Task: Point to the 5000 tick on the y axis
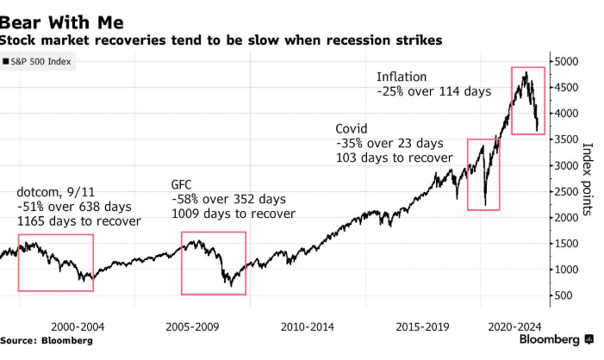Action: tap(565, 62)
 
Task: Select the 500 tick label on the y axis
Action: tap(562, 295)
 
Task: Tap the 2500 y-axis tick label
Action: tap(565, 191)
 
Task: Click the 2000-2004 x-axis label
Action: tap(78, 326)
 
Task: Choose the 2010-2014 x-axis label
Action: tap(308, 326)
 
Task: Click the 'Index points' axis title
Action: tap(588, 179)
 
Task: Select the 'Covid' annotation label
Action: tap(352, 127)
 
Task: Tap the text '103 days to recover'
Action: tap(394, 158)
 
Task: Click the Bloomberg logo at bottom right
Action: tap(557, 340)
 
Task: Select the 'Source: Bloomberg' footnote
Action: tap(47, 341)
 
